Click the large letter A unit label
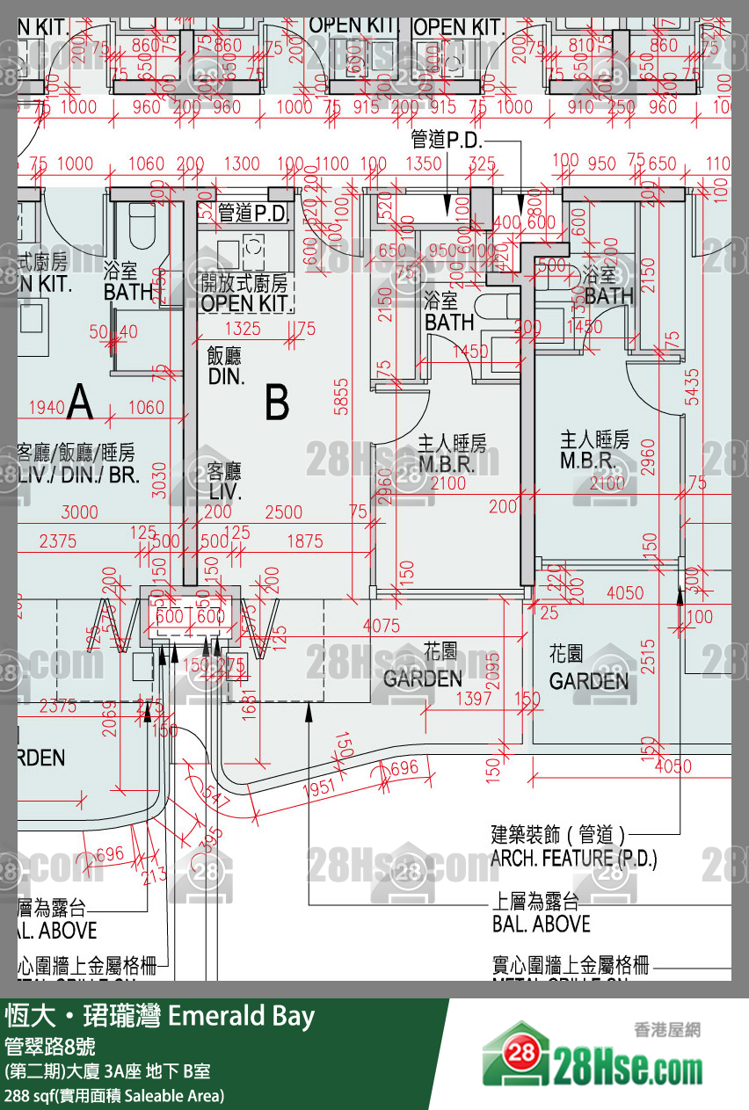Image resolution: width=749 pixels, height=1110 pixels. [80, 403]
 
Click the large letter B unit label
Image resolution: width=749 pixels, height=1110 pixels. [277, 404]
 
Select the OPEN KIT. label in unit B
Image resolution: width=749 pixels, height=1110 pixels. [245, 303]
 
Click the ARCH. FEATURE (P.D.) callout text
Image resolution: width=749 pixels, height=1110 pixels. [572, 858]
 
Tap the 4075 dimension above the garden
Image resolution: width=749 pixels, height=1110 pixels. [381, 626]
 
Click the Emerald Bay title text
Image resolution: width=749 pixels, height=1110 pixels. [240, 1017]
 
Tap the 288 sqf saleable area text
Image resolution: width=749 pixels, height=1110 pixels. [114, 1095]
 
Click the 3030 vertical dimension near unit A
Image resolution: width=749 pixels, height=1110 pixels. [158, 478]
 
